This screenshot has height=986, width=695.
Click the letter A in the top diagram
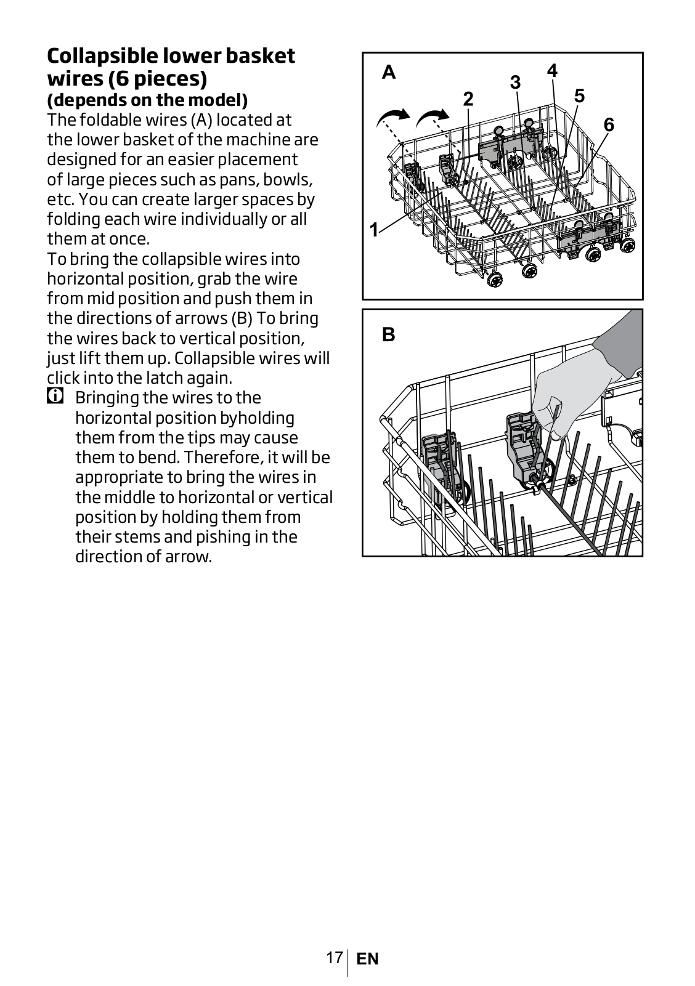pos(388,72)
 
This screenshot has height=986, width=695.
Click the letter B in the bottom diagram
pos(388,334)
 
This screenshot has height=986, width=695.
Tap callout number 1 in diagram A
pos(373,230)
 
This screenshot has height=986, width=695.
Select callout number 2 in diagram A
pos(468,99)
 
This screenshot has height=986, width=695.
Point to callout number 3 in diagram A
pos(515,83)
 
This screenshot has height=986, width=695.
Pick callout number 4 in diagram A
pos(552,70)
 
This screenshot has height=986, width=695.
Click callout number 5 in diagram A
pos(579,96)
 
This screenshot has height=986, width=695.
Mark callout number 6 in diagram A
pos(609,125)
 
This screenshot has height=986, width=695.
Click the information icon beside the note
pos(55,397)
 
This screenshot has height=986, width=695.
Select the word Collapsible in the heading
pos(102,56)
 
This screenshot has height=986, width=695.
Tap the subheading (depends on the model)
pos(147,100)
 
